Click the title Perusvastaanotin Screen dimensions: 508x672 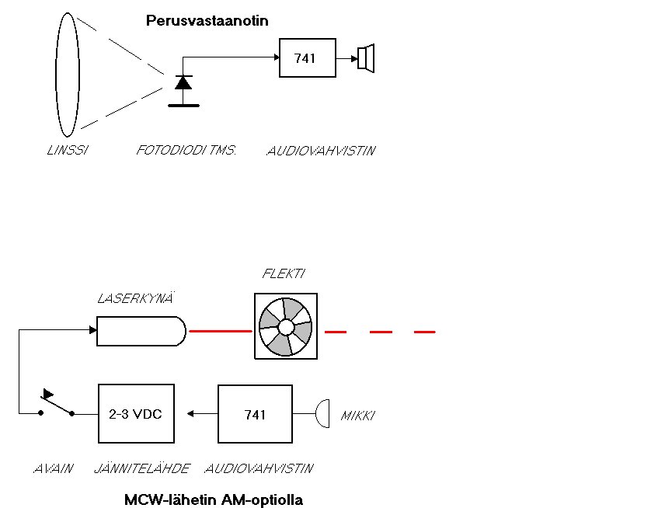point(207,21)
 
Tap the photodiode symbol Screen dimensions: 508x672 point(183,83)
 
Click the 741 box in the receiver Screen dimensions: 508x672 point(306,58)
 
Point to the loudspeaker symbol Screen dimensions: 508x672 point(366,58)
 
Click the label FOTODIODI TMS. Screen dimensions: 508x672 point(175,151)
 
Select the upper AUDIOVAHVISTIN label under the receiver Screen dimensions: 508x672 point(320,151)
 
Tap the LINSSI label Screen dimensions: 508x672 point(66,151)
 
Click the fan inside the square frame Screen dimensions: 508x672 point(286,325)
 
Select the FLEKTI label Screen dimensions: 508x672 point(284,274)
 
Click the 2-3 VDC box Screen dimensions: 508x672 point(136,414)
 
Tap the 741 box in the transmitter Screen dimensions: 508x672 point(255,414)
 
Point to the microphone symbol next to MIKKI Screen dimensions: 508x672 point(322,414)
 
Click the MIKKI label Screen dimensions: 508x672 point(358,416)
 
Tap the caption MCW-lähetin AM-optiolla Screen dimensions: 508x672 point(214,499)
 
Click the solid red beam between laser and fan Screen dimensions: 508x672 point(221,331)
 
